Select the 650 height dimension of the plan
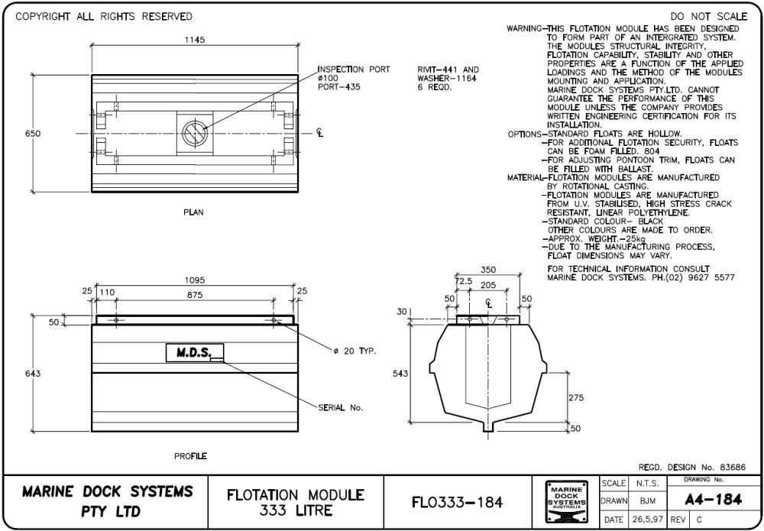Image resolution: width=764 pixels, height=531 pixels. [32, 134]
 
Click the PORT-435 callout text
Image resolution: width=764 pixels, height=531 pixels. [338, 86]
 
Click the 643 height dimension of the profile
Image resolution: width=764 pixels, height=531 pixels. [32, 374]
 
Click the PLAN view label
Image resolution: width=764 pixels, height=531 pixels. [193, 212]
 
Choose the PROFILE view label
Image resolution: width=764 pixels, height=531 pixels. [190, 456]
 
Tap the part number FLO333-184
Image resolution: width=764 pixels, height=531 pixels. [457, 502]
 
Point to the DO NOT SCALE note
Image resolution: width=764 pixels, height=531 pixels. [709, 16]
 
